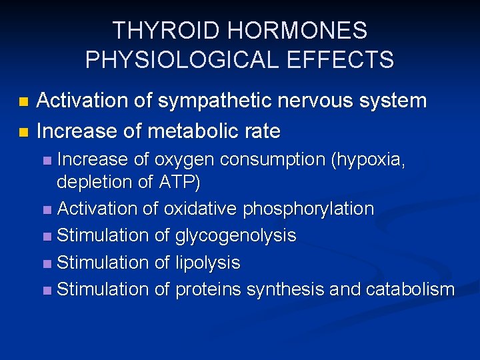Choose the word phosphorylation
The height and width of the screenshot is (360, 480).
tap(308, 209)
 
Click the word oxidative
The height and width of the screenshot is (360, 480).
tap(200, 209)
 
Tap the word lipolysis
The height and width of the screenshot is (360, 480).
tap(207, 263)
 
